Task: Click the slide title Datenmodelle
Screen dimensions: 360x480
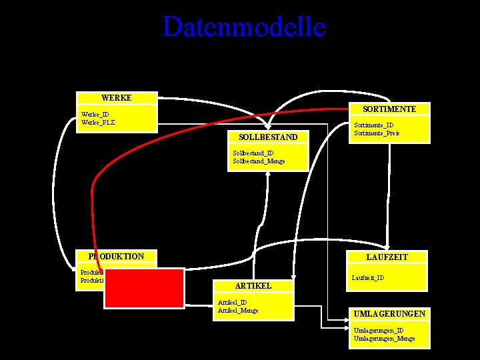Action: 243,27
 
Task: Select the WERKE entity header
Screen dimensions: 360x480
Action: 116,98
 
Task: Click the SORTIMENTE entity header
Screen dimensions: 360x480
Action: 389,109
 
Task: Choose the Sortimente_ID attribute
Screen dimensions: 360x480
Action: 373,125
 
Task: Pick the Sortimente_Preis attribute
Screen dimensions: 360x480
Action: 377,133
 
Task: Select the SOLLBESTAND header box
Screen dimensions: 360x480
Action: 267,137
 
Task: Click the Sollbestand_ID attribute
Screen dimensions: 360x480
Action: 253,153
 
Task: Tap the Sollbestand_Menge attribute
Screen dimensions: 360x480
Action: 259,161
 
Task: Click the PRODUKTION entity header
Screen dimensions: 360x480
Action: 116,257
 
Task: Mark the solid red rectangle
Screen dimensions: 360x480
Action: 144,288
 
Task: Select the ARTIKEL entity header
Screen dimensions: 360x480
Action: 253,285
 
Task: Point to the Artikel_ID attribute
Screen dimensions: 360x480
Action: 232,302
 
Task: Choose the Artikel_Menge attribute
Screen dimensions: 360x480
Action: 238,310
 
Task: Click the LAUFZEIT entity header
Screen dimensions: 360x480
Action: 387,257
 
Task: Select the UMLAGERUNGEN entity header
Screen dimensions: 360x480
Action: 389,313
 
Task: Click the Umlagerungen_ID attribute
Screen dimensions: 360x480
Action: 378,331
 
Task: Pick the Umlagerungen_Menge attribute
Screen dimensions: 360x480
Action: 384,339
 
